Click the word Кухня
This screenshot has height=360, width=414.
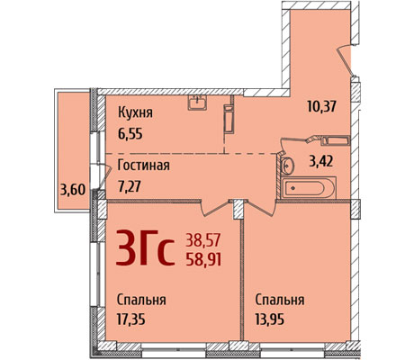pyautogui.click(x=135, y=113)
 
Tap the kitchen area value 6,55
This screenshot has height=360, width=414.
pyautogui.click(x=130, y=134)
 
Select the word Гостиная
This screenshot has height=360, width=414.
pyautogui.click(x=144, y=166)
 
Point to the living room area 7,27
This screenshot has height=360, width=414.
pyautogui.click(x=130, y=186)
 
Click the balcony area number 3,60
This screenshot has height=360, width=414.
pyautogui.click(x=73, y=190)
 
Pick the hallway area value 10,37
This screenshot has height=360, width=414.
pyautogui.click(x=321, y=106)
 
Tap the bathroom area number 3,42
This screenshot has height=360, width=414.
pyautogui.click(x=321, y=161)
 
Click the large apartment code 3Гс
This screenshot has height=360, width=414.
pyautogui.click(x=145, y=248)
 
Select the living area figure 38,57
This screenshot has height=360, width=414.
pyautogui.click(x=203, y=240)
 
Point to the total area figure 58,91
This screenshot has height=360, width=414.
pyautogui.click(x=203, y=260)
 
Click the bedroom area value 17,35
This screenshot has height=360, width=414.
pyautogui.click(x=131, y=319)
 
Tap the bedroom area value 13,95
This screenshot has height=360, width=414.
pyautogui.click(x=270, y=319)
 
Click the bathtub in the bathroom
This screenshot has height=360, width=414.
pyautogui.click(x=309, y=188)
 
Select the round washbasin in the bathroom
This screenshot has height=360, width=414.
pyautogui.click(x=288, y=165)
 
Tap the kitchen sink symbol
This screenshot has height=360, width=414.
pyautogui.click(x=197, y=103)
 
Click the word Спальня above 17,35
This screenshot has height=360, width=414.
pyautogui.click(x=141, y=300)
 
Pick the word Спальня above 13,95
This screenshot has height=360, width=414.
pyautogui.click(x=280, y=300)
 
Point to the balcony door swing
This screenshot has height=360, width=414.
pyautogui.click(x=104, y=177)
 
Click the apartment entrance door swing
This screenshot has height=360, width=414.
pyautogui.click(x=345, y=61)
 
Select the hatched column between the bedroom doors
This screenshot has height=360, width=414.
pyautogui.click(x=238, y=209)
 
